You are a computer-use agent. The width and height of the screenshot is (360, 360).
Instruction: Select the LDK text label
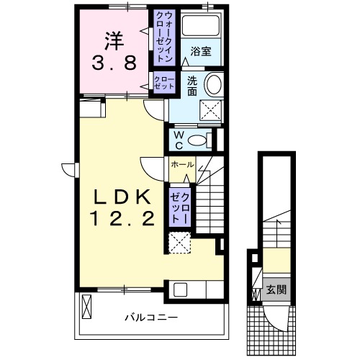pos(120,196)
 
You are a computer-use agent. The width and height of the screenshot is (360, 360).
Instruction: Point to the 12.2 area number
pos(120,219)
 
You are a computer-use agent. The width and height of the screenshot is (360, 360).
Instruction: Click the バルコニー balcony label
pos(150,318)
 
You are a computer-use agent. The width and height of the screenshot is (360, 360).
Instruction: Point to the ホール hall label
pos(182,165)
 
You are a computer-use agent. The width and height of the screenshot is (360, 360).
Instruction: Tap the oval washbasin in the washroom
pos(214,86)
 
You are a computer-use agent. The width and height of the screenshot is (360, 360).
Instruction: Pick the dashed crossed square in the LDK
pos(179,243)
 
